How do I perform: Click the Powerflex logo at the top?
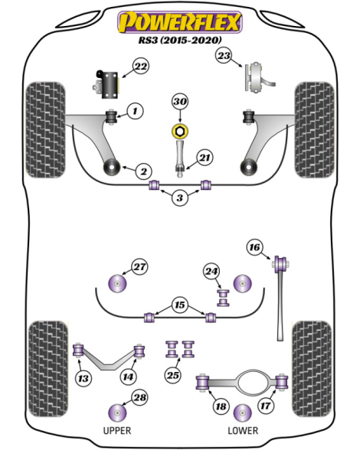click(x=180, y=22)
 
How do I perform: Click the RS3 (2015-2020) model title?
click(x=180, y=40)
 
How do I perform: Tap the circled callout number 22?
click(x=141, y=67)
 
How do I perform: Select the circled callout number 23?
click(x=224, y=55)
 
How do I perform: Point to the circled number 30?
click(x=180, y=102)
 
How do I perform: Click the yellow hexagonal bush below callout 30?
click(x=180, y=131)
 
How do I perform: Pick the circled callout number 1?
click(x=135, y=111)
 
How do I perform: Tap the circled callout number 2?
click(x=143, y=171)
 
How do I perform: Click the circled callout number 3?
click(x=180, y=197)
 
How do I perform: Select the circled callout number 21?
click(x=205, y=158)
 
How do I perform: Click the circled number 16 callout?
click(x=254, y=247)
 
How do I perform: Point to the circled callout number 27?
click(x=139, y=267)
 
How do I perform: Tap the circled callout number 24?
click(x=211, y=271)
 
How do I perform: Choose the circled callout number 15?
click(x=180, y=305)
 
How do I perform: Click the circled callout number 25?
click(x=173, y=375)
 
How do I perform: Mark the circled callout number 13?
click(x=83, y=378)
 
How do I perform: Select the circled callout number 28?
click(x=139, y=397)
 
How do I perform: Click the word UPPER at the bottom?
click(x=117, y=430)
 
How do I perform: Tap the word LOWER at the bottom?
click(x=243, y=430)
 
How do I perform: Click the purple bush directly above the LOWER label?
click(x=243, y=412)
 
